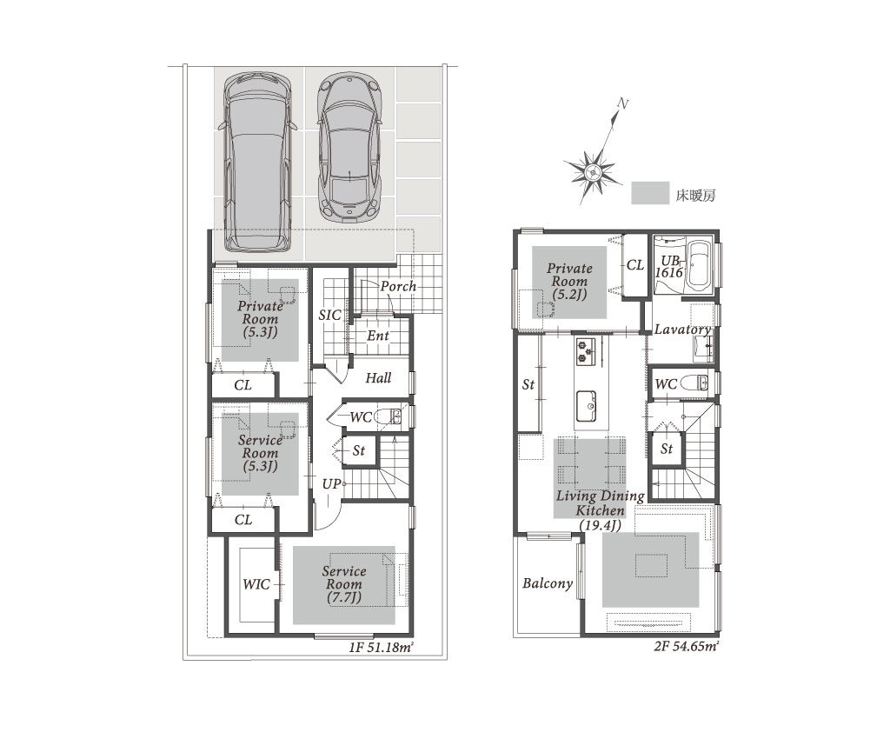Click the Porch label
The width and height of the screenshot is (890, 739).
coord(398,287)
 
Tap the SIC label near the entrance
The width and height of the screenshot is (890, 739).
coord(329,316)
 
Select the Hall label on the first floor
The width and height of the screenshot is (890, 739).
coord(378,378)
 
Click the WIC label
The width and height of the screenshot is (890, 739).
coord(256,584)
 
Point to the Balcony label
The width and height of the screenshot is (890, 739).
coord(548,583)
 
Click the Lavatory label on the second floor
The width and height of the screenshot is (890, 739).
coord(682,330)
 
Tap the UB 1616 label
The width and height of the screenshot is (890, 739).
coord(669,266)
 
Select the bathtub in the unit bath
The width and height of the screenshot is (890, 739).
coord(700,266)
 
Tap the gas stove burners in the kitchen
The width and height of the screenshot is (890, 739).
coord(586,350)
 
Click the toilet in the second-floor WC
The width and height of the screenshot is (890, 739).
coord(694,383)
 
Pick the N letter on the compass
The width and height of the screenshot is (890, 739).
coord(622,103)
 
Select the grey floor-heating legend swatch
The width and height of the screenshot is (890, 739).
coord(650,193)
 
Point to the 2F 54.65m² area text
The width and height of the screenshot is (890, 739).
coord(687,646)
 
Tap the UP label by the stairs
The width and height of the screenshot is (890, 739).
coord(331,484)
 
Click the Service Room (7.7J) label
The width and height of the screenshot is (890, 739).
coord(344,584)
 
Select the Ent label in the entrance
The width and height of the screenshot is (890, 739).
coord(377,336)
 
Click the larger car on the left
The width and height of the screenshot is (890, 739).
coord(257,163)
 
